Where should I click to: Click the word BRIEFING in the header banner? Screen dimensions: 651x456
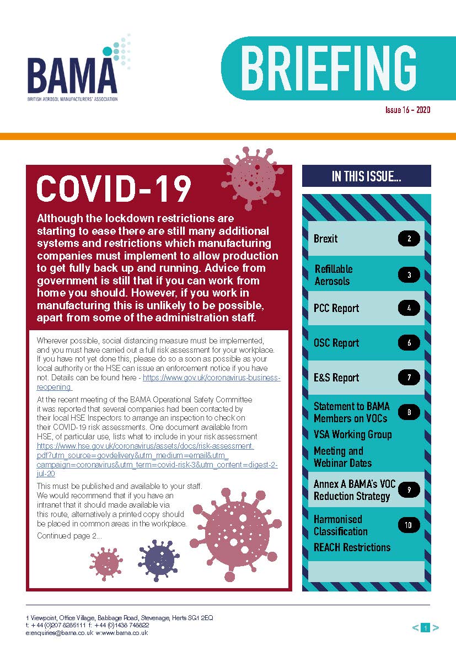coord(328,68)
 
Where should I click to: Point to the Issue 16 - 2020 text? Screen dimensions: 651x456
coord(407,110)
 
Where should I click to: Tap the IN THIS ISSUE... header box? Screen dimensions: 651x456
coord(366,176)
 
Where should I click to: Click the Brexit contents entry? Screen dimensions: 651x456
coord(325,239)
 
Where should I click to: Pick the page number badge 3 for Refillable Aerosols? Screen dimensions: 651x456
coord(409,275)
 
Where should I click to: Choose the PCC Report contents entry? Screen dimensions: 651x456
coord(336,308)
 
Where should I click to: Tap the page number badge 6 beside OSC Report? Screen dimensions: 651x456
coord(409,343)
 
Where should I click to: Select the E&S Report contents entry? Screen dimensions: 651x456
coord(336,378)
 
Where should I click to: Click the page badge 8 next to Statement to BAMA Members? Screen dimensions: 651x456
coord(409,412)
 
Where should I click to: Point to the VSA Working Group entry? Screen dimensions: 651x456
coord(352,434)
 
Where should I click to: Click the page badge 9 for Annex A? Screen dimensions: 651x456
coord(409,489)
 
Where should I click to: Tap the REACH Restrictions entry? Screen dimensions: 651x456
coord(352,547)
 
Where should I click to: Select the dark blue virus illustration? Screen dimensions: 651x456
coord(159,560)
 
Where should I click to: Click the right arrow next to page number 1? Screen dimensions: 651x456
coord(436,627)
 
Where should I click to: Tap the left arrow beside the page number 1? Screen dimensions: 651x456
coord(415,627)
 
